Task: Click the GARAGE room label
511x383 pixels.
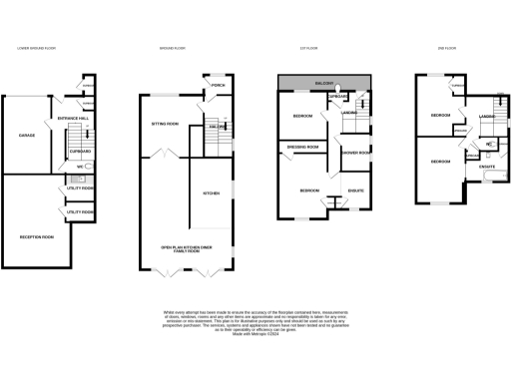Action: (27, 134)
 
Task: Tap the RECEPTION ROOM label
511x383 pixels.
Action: (36, 236)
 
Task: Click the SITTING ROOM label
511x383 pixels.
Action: (165, 124)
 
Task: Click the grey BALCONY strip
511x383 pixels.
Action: (325, 81)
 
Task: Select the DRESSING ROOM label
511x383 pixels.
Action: (302, 147)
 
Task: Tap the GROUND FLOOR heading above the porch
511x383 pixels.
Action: (175, 48)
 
